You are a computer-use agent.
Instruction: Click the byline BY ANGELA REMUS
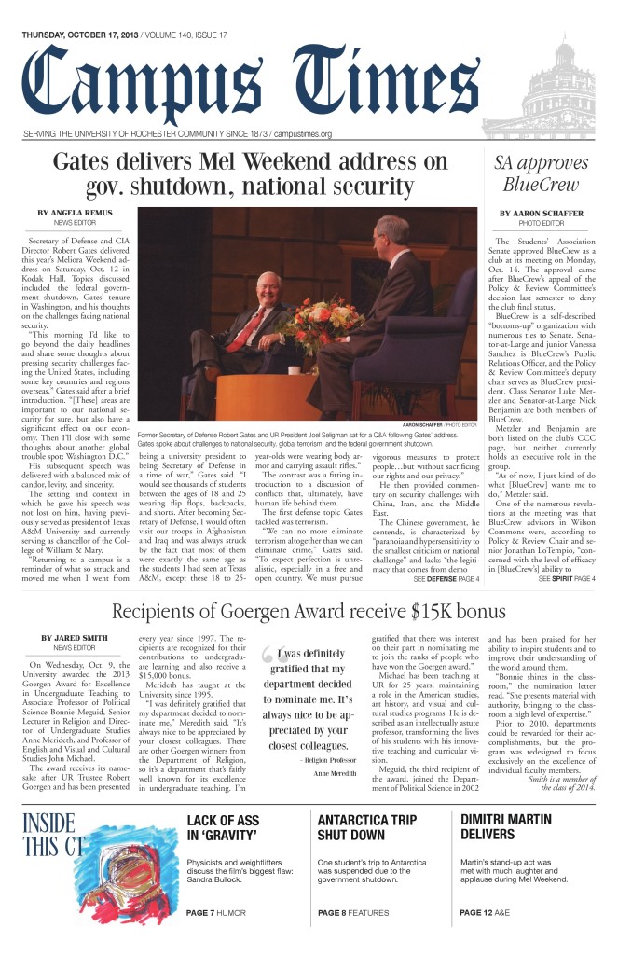75,214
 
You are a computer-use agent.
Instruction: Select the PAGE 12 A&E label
494,911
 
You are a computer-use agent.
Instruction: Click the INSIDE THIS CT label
53,836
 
